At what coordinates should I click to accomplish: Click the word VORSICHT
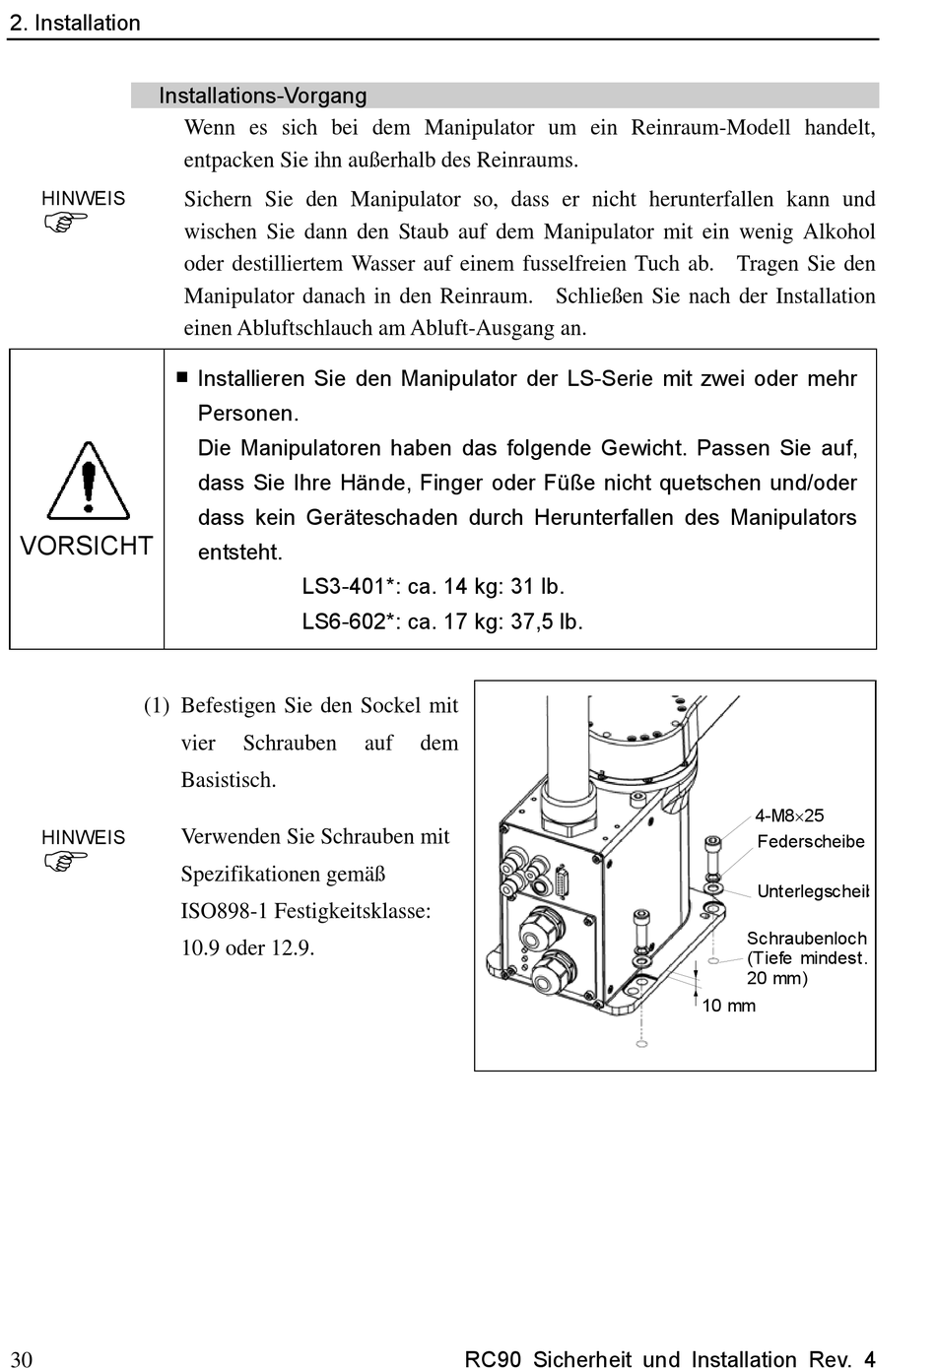coord(86,546)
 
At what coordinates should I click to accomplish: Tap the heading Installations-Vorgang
coord(263,96)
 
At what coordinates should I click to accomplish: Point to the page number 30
coord(22,1358)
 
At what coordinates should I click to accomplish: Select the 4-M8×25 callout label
coord(789,815)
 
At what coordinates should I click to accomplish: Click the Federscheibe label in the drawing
coord(811,841)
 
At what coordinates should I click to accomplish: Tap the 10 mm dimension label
coord(728,1006)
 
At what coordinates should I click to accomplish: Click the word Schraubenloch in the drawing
coord(807,938)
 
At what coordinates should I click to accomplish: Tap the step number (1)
coord(157,706)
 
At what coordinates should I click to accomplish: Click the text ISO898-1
coord(225,911)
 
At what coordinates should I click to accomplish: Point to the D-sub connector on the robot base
coord(562,881)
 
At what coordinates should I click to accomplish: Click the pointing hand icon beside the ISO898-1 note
coord(65,862)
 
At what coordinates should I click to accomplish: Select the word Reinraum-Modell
coord(710,128)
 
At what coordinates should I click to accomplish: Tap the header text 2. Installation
coord(75,24)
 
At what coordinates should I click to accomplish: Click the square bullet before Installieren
coord(182,377)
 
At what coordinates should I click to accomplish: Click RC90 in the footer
coord(493,1358)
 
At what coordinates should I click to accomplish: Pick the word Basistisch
coord(229,780)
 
